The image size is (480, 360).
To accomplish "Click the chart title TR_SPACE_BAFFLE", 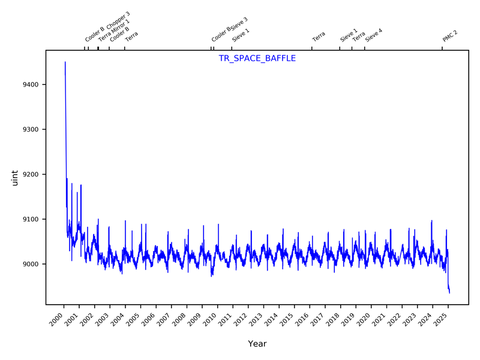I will coord(257,59).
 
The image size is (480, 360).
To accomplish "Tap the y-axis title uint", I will coord(16,178).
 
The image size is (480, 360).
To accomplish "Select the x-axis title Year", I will coord(257,344).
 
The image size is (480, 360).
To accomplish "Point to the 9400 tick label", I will coord(31,85).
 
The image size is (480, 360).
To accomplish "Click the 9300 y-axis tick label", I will coord(31,130).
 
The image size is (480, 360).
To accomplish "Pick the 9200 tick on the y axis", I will coord(31,175).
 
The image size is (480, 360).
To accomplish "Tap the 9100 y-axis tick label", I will coord(31,220).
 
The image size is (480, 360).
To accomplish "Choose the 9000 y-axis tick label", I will coord(31,265).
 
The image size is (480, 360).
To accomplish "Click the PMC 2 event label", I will coord(450,35).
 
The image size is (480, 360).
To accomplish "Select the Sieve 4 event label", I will coord(374,35).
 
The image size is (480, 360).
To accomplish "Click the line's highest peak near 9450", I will coord(65,62).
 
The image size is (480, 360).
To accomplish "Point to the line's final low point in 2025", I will coord(449,292).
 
